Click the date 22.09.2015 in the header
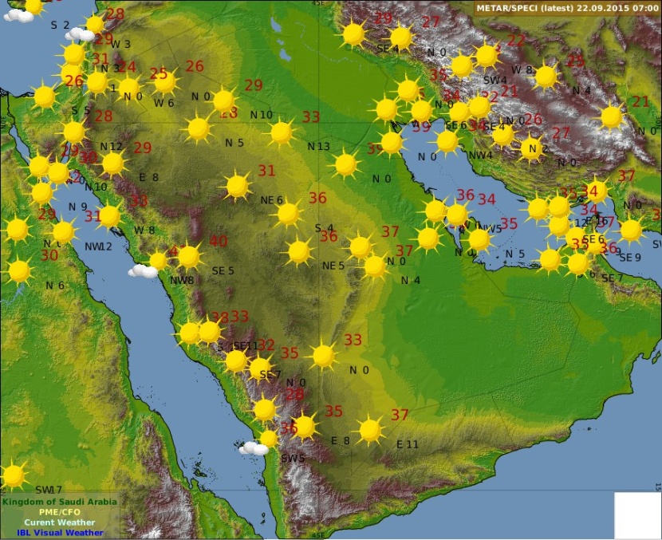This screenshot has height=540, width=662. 599,8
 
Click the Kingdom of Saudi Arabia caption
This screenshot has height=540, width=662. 60,502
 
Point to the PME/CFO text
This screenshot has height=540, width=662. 60,512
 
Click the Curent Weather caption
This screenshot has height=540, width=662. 60,522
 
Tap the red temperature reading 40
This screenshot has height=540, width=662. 218,242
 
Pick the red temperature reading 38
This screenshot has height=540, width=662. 219,317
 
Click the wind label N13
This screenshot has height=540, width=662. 318,147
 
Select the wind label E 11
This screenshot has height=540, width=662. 407,444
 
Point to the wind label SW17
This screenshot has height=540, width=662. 48,490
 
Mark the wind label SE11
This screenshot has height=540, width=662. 245,346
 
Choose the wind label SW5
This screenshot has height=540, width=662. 293,459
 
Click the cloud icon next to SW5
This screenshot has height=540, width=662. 254,448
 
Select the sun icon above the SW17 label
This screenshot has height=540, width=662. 12,475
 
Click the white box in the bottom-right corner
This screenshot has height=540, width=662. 636,514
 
